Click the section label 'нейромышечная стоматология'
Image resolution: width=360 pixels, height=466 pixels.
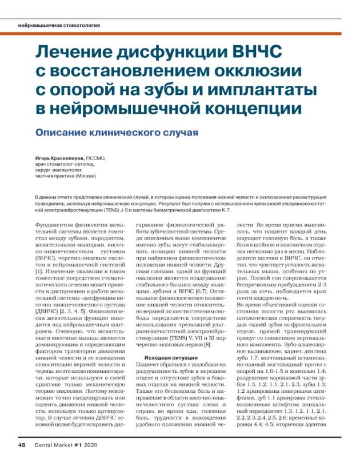59,26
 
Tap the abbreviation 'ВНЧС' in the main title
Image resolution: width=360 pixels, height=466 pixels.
251,54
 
